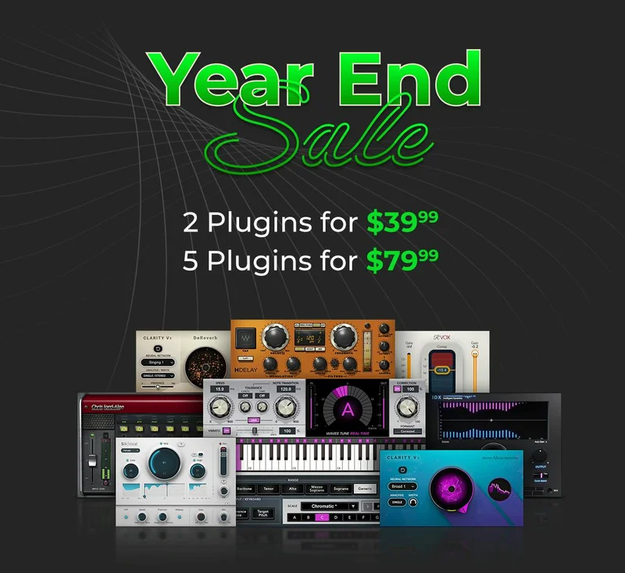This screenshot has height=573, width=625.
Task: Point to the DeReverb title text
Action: point(205,339)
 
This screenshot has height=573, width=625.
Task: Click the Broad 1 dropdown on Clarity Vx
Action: point(403,486)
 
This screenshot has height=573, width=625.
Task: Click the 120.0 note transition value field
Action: point(285,389)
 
